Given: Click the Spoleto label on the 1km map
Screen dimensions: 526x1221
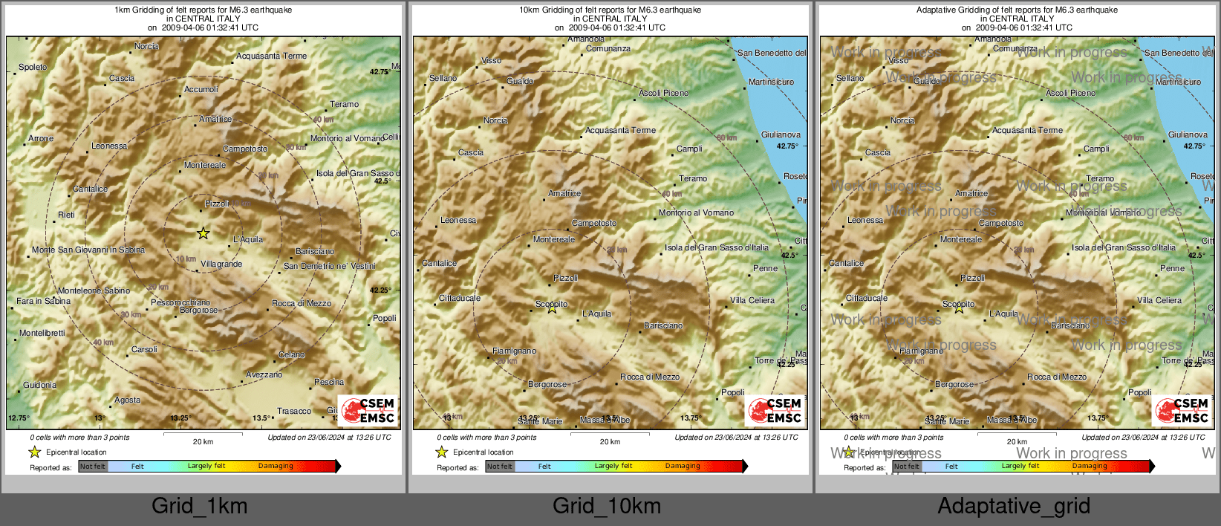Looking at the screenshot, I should [x=33, y=67].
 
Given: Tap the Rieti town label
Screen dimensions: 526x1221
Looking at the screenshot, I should [x=67, y=215].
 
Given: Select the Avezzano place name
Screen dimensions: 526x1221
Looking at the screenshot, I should [x=264, y=374].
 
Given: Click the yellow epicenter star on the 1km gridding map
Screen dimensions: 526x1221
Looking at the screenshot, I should [x=203, y=233].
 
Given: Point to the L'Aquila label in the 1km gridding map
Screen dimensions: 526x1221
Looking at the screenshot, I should [x=248, y=239].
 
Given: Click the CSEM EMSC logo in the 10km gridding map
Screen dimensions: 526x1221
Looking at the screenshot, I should [x=775, y=410].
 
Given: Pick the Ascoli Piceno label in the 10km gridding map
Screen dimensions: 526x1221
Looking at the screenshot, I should [x=663, y=93].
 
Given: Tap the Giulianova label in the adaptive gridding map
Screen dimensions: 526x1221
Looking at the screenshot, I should [x=1188, y=134].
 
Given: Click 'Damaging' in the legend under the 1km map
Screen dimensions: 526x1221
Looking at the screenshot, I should [x=276, y=466].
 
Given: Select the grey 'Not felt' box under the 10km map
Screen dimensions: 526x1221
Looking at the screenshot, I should [x=500, y=467].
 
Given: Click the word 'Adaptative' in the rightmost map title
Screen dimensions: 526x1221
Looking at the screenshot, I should [x=937, y=10].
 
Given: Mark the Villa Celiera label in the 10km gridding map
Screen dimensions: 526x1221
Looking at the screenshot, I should [x=752, y=300].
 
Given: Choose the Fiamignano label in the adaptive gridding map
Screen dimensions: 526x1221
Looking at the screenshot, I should [x=921, y=351].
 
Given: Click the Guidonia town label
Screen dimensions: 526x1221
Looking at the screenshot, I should [x=39, y=385].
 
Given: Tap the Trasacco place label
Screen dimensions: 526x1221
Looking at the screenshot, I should [x=294, y=411].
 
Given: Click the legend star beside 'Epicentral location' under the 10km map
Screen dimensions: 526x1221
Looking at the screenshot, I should [x=442, y=452].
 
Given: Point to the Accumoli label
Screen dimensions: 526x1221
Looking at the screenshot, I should [x=201, y=89].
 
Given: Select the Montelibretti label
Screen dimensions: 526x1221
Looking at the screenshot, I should [x=42, y=333].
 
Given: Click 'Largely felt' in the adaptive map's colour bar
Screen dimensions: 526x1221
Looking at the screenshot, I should [x=1020, y=466].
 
